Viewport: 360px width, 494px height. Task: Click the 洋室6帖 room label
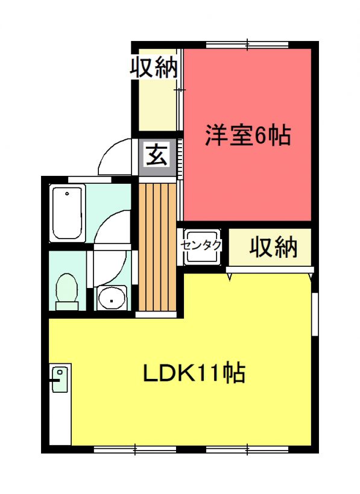(248, 136)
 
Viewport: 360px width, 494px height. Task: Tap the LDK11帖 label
(194, 373)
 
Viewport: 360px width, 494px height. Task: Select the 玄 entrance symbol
(157, 154)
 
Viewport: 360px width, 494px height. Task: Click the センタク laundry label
(201, 245)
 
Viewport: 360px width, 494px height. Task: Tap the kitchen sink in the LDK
(60, 380)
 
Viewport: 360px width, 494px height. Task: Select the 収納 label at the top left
(154, 67)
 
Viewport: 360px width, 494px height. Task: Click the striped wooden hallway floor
(157, 248)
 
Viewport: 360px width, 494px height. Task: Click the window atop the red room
(247, 45)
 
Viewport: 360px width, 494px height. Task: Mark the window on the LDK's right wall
(315, 314)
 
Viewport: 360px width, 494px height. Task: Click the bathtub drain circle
(67, 193)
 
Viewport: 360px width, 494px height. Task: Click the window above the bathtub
(90, 180)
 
